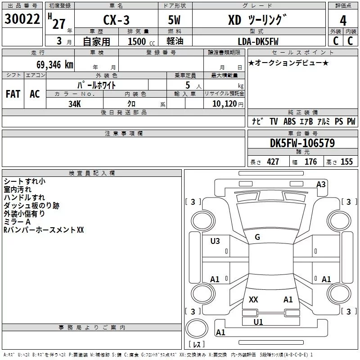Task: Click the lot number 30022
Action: (22, 19)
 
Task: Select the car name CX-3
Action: (116, 20)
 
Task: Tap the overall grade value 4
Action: (343, 21)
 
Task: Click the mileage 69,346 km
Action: (55, 65)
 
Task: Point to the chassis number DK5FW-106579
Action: (302, 143)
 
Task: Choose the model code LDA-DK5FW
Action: (258, 41)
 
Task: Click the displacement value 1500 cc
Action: (141, 41)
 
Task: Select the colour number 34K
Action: (75, 104)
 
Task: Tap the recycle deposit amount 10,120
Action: (225, 104)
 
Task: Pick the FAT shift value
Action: (13, 94)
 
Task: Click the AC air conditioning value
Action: (35, 94)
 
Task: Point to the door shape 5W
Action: (174, 20)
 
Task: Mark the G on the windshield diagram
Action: (257, 237)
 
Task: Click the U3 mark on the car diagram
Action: (215, 241)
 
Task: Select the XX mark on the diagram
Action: (253, 299)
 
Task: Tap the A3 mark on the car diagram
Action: (321, 184)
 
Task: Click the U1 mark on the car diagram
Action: (258, 322)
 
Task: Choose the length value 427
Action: (273, 162)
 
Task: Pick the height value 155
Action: (346, 162)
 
